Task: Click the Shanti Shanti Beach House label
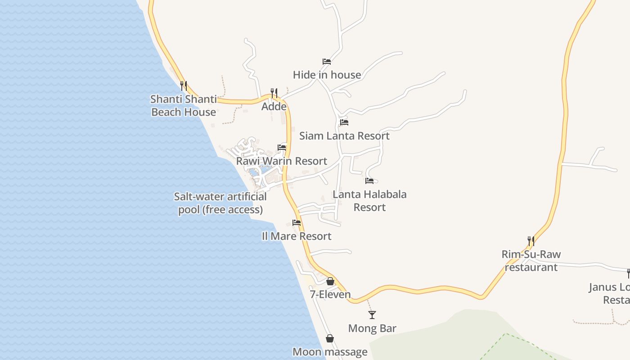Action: click(184, 106)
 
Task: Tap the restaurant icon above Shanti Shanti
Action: click(184, 85)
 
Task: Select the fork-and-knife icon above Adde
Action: click(274, 93)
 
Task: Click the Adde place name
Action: click(274, 107)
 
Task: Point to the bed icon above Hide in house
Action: click(327, 62)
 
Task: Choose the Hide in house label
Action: click(327, 75)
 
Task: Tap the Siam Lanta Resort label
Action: click(344, 135)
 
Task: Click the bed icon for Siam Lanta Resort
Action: click(344, 122)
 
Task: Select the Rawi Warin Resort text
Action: click(282, 161)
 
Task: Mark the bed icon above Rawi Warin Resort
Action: click(282, 147)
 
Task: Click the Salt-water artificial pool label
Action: click(220, 203)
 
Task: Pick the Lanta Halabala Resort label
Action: click(369, 201)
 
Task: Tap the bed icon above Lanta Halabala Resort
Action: click(369, 181)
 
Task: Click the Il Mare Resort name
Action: click(297, 236)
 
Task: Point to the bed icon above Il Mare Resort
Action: click(297, 222)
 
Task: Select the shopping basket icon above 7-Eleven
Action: click(330, 281)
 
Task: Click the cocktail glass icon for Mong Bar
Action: click(372, 315)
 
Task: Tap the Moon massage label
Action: click(330, 352)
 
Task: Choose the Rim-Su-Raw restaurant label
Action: click(531, 261)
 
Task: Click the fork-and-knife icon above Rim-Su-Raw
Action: click(531, 241)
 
